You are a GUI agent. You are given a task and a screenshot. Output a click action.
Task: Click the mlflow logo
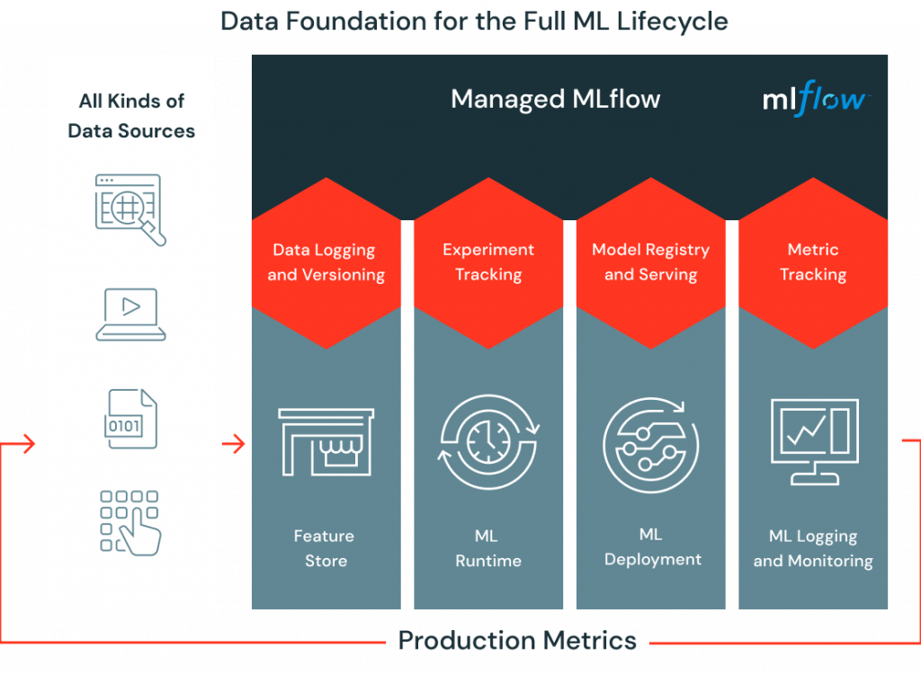click(x=816, y=99)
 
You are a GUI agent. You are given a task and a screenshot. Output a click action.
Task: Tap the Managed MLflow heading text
click(x=555, y=99)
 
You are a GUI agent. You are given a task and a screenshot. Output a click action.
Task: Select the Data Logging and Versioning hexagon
click(x=326, y=263)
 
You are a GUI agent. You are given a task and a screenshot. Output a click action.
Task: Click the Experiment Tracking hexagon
click(x=488, y=263)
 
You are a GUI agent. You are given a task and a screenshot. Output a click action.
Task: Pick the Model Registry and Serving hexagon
click(x=651, y=263)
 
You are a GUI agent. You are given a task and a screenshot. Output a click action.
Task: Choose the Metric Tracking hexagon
click(x=813, y=263)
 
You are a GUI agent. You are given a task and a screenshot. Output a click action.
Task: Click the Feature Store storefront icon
click(x=326, y=442)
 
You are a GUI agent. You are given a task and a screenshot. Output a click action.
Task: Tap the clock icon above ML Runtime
click(x=488, y=442)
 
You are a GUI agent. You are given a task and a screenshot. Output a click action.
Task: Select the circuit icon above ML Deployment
click(x=651, y=445)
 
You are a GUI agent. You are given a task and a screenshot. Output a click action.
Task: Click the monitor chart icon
click(x=814, y=441)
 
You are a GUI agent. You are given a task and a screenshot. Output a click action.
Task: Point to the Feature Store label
click(x=324, y=548)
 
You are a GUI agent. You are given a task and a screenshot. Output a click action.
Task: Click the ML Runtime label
click(x=488, y=548)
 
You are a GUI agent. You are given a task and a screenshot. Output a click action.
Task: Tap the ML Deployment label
click(x=653, y=546)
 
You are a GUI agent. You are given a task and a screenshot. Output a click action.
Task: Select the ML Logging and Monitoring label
click(x=813, y=548)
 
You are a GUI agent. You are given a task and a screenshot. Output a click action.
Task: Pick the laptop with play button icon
click(x=131, y=315)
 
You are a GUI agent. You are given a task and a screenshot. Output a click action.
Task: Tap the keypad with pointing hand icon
click(x=130, y=523)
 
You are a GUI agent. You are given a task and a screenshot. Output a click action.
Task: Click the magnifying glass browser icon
click(x=130, y=209)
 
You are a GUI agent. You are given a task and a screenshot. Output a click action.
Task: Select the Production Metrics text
click(x=517, y=641)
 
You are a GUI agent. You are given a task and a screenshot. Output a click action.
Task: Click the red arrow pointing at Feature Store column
click(x=233, y=444)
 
